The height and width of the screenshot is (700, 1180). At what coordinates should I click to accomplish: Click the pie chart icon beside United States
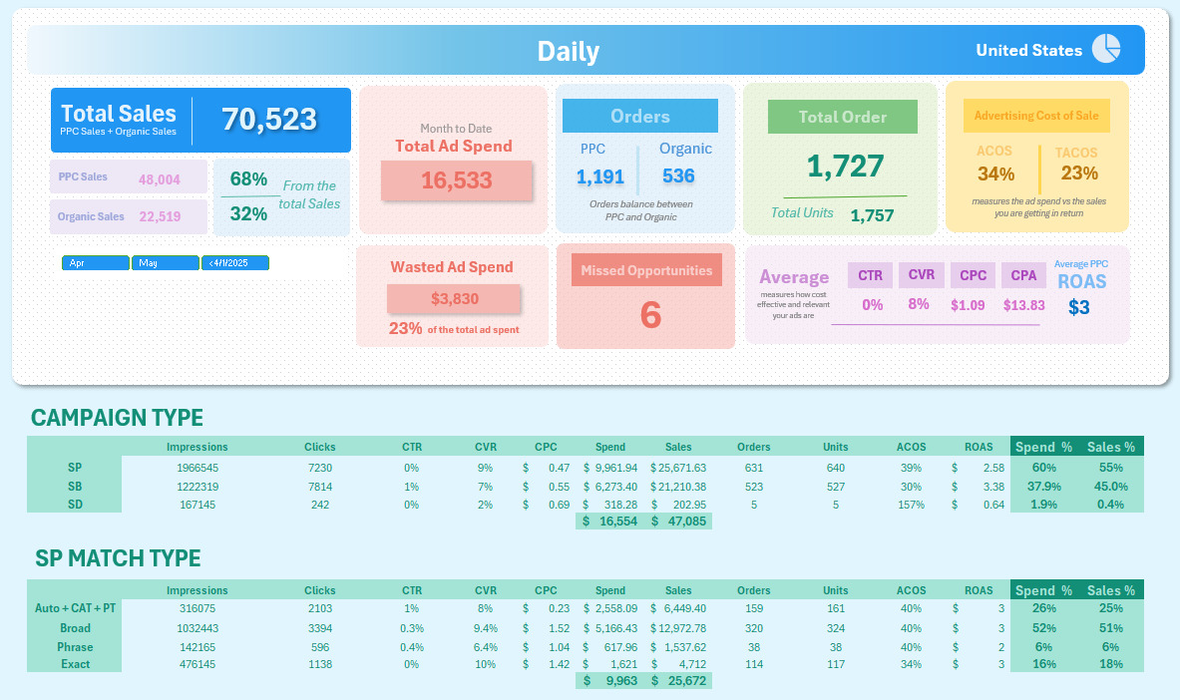tap(1106, 48)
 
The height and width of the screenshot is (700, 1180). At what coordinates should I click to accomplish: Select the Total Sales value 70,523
tap(269, 119)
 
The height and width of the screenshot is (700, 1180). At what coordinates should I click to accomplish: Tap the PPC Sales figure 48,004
tap(160, 178)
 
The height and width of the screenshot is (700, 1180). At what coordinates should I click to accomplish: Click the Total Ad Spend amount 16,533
tap(456, 180)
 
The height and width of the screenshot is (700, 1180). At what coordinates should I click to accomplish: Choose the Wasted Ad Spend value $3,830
tap(455, 298)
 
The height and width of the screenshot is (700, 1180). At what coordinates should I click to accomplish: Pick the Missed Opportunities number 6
tap(649, 315)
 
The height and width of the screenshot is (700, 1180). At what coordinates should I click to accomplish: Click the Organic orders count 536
tap(678, 176)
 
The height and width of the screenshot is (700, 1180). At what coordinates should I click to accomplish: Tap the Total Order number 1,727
tap(845, 167)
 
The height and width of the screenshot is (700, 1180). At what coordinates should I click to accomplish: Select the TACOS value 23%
tap(1079, 174)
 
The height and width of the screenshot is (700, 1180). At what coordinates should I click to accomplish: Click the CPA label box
tap(1023, 275)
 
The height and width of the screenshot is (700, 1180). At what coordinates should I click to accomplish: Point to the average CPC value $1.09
tap(968, 305)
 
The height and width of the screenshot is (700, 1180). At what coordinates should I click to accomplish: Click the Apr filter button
tap(96, 263)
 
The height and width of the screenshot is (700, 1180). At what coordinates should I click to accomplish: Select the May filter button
tap(166, 263)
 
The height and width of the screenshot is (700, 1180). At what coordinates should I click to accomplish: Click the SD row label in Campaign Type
tap(75, 504)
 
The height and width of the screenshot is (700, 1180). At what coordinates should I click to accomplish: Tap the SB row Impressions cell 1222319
tap(197, 486)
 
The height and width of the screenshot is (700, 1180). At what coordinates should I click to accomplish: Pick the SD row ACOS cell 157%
tap(911, 504)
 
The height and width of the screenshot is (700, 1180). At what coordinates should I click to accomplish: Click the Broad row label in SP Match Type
tap(75, 628)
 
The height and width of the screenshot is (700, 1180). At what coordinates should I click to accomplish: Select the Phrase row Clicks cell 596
tap(320, 646)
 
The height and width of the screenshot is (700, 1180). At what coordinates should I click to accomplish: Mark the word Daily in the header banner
tap(569, 52)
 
